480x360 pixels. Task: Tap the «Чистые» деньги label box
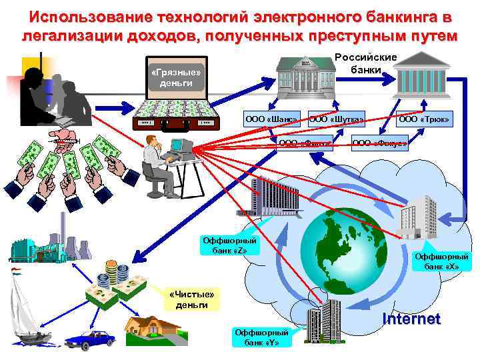192,299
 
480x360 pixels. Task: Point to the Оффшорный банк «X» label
442,261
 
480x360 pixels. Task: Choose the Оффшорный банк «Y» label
261,337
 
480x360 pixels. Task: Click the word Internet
411,319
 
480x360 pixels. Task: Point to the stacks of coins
118,273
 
